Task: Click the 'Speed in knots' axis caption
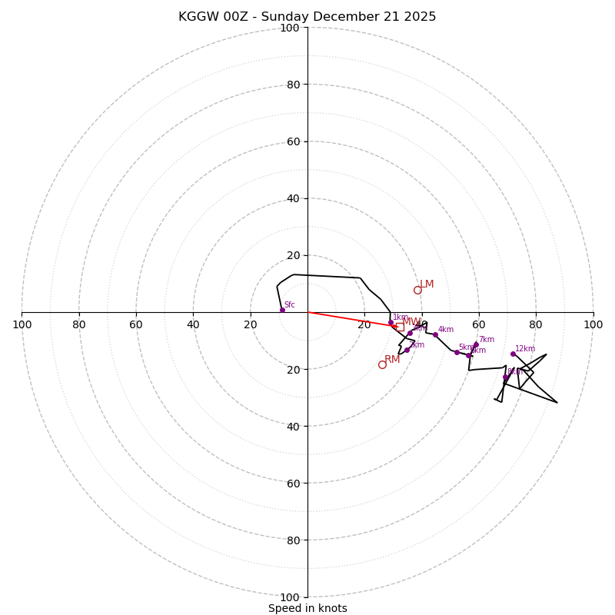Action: (307, 608)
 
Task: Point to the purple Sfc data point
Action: (282, 310)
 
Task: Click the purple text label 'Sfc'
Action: (289, 305)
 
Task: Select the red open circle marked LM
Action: (417, 290)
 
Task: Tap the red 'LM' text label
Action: (427, 284)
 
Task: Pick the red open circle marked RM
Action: (382, 364)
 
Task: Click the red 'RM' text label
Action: (392, 359)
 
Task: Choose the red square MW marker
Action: (399, 327)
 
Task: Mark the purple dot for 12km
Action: (513, 354)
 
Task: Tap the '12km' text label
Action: (525, 349)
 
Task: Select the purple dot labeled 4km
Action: (435, 334)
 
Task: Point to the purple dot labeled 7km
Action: (476, 344)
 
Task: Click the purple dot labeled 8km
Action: (505, 377)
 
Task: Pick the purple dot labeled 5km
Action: (457, 352)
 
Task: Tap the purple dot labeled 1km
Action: (391, 323)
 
